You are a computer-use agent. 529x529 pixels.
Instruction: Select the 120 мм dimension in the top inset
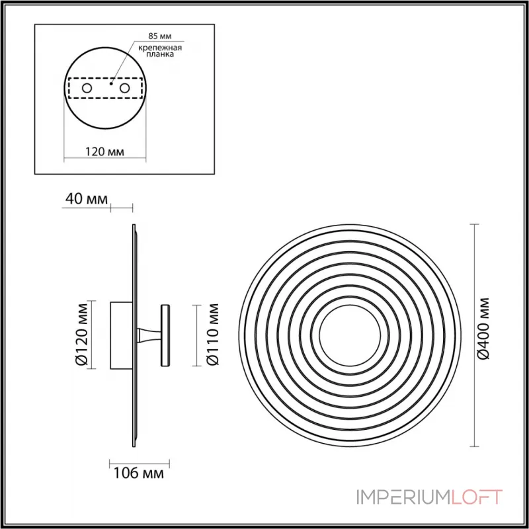(106, 151)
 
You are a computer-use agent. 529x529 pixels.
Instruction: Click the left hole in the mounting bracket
(86, 88)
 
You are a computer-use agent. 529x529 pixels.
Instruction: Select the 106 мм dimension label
(135, 473)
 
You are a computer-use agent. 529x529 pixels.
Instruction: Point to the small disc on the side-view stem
(165, 335)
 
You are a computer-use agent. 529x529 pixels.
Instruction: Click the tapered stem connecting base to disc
(148, 335)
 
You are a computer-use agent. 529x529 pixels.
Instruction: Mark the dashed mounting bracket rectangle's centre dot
(112, 85)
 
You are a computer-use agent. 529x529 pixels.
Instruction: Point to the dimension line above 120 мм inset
(106, 159)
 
